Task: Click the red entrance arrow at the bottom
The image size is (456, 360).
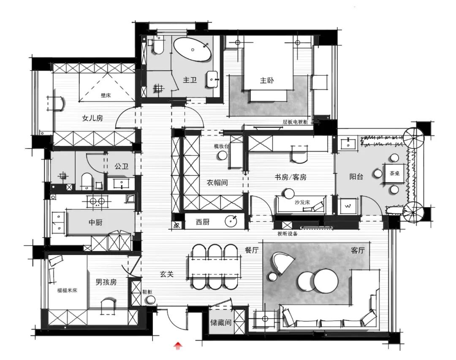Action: [x=179, y=346]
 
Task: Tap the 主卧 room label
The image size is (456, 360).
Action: [x=266, y=81]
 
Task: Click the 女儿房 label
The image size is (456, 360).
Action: [x=92, y=119]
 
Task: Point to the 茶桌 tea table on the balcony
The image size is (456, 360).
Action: [x=394, y=173]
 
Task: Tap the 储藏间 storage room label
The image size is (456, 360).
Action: [x=221, y=323]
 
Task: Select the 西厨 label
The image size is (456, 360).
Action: [x=203, y=222]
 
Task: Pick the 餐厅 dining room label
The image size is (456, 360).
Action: [x=252, y=250]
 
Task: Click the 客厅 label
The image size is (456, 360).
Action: [x=358, y=250]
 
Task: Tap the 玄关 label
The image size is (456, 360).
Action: [x=167, y=274]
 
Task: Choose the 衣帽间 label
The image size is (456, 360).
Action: [x=217, y=183]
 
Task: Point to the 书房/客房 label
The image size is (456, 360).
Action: [x=290, y=177]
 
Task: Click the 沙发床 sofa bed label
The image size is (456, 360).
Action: [x=302, y=202]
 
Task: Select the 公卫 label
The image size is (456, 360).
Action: [x=121, y=166]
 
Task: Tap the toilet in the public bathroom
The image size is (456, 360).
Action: [x=86, y=180]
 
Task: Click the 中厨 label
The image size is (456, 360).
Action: [x=95, y=222]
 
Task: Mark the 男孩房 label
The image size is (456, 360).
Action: [x=106, y=282]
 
